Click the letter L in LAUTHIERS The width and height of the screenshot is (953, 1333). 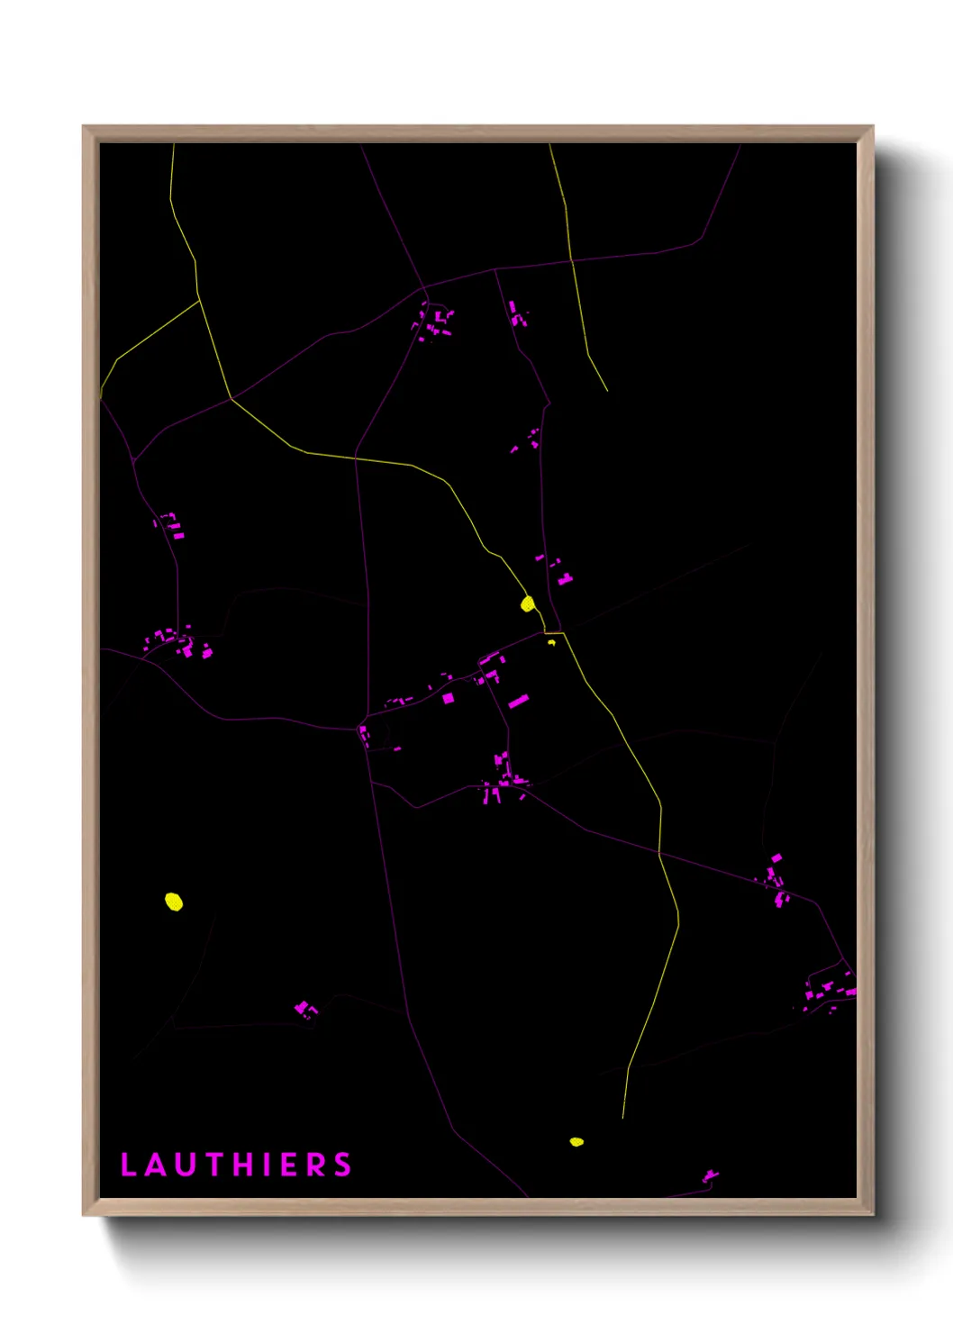[x=128, y=1165]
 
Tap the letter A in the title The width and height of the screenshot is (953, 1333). [x=156, y=1165]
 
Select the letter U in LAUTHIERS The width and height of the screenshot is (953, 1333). [x=186, y=1165]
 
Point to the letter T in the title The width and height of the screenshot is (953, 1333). [x=214, y=1165]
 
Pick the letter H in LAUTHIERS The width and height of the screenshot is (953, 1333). [x=244, y=1165]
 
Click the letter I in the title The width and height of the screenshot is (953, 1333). [x=268, y=1165]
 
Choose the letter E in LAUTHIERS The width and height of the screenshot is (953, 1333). [x=289, y=1165]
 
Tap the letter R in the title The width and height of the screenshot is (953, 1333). [x=315, y=1165]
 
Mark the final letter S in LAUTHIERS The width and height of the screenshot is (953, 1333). [x=342, y=1165]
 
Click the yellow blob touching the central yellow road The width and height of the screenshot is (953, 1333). [x=528, y=603]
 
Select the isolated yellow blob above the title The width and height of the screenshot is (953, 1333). [x=174, y=902]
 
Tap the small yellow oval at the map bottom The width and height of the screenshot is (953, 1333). [x=576, y=1142]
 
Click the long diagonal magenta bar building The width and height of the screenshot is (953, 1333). [x=518, y=701]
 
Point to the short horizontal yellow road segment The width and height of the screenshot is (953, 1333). [x=554, y=633]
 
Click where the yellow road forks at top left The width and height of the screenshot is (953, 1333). [x=199, y=300]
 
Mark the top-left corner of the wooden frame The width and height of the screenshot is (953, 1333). [x=84, y=127]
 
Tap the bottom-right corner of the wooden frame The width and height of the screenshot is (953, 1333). [x=872, y=1214]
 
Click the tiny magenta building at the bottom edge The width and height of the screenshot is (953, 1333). [x=711, y=1175]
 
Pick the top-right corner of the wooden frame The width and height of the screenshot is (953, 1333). [x=872, y=127]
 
